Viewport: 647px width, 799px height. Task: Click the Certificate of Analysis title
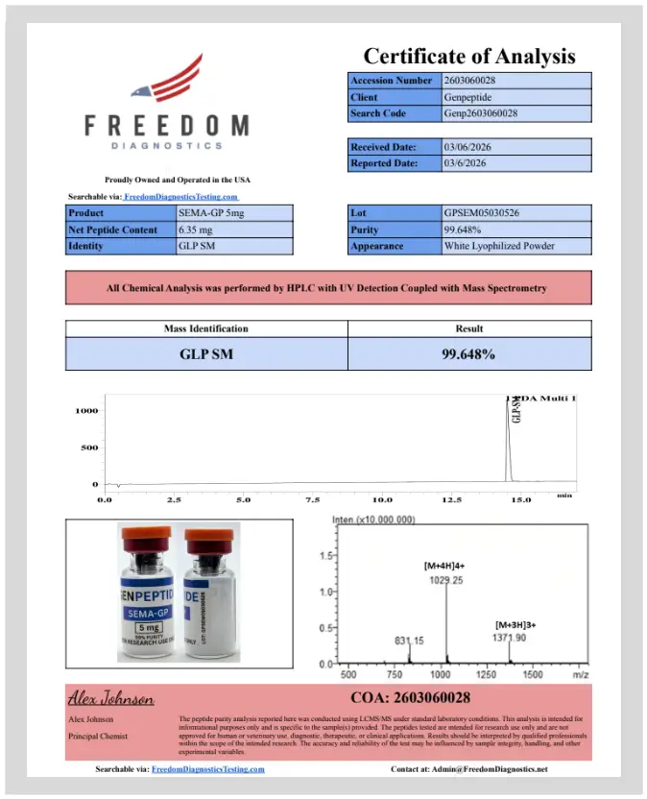(468, 56)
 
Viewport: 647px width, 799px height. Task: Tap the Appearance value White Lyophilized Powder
(499, 246)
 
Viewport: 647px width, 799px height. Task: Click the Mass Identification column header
(205, 328)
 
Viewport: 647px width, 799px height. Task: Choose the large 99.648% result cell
(468, 353)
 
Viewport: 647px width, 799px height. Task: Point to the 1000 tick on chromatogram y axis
(86, 411)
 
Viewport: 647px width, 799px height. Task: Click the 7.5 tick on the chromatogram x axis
(313, 500)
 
